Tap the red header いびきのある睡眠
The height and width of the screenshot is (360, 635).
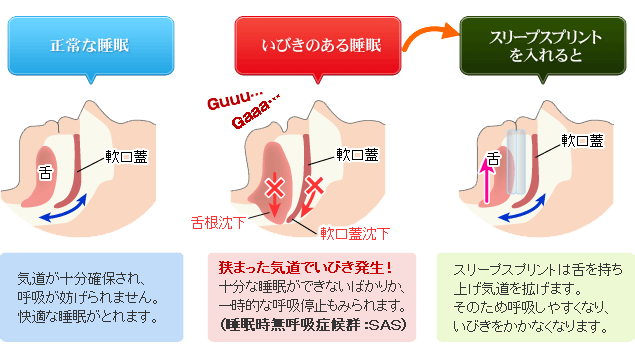click(x=317, y=44)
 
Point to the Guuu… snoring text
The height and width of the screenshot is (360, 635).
click(x=233, y=103)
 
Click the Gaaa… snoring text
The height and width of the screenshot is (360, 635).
click(x=256, y=122)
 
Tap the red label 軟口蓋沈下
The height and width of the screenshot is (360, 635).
click(x=355, y=234)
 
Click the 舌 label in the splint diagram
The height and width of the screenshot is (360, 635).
click(x=492, y=159)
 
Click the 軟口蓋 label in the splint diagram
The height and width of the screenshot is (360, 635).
click(x=582, y=141)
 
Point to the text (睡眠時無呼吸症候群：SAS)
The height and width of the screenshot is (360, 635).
click(x=317, y=325)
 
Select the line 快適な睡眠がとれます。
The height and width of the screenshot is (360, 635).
click(x=88, y=318)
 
